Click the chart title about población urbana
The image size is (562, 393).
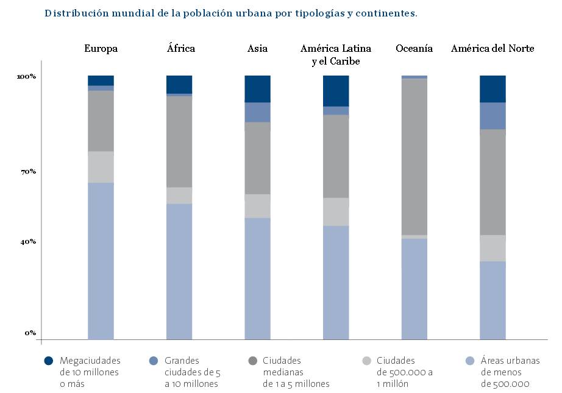coord(230,13)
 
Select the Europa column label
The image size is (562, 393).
coord(101,49)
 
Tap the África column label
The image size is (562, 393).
coord(180,49)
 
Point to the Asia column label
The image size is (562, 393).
coord(257,49)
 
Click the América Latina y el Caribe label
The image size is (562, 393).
coord(336,55)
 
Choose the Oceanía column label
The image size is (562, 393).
coord(414,49)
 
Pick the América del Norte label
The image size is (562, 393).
coord(493,49)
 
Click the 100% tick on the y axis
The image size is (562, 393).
coord(26,77)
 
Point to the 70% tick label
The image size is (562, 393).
coord(28,172)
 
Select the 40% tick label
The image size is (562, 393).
coord(28,242)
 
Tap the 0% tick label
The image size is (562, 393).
coord(30,333)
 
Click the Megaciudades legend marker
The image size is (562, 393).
coord(49,361)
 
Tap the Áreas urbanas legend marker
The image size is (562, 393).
coord(470,361)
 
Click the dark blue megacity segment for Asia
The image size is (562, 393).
coord(257,89)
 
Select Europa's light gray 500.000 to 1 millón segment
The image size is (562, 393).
coord(101,167)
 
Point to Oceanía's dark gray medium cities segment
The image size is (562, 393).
coord(414,157)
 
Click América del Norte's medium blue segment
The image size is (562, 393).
coord(493,116)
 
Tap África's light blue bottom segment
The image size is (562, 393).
coord(179,271)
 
